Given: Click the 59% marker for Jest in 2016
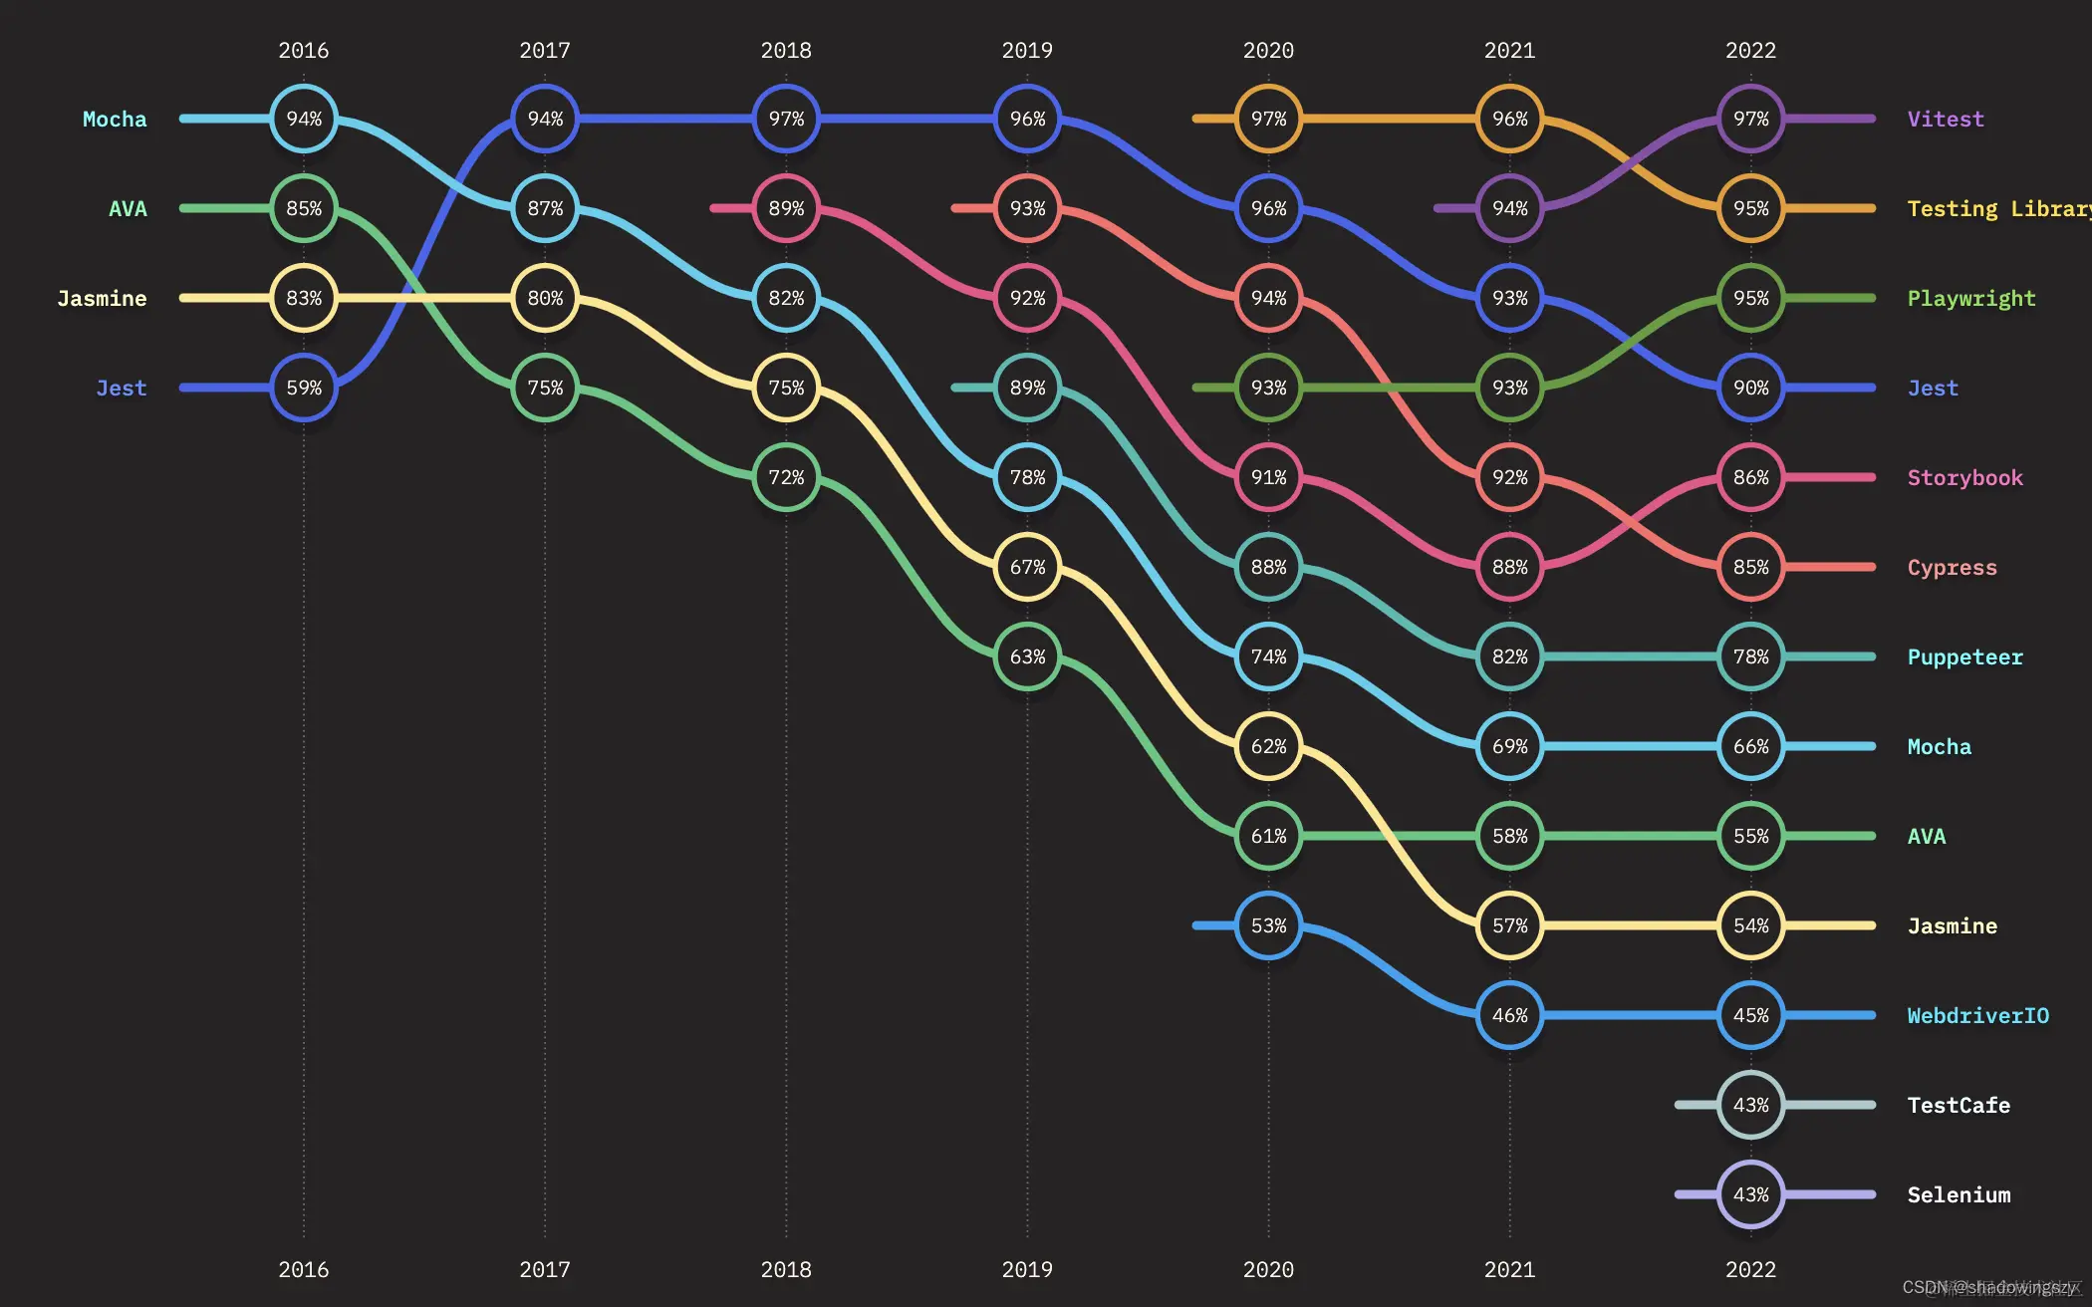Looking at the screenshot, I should (304, 388).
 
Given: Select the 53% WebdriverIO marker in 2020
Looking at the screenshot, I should (1268, 925).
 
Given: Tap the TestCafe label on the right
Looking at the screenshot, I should (1959, 1105).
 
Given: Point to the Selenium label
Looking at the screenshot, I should (1959, 1194).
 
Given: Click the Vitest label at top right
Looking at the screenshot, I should (1946, 120).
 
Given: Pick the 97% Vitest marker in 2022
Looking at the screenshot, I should (1750, 119).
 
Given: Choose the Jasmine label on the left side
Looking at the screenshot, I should (102, 298).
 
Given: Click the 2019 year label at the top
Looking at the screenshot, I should (1027, 50).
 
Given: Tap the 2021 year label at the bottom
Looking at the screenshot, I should (1509, 1269).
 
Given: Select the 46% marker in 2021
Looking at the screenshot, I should (1509, 1015).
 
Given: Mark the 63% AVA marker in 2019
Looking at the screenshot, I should (1027, 656).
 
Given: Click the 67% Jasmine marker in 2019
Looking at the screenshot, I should (1027, 567).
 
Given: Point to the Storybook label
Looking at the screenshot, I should (1964, 477).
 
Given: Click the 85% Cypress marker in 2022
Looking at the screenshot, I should (1750, 567).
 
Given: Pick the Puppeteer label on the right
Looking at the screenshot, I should (1964, 656).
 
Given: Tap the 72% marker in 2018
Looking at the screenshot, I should (786, 477).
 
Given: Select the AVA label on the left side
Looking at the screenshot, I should (128, 208).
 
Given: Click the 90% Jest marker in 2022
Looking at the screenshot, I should (1750, 388).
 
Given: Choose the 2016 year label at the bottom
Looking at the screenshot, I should (304, 1269).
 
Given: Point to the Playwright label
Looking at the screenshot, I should (1970, 298).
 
